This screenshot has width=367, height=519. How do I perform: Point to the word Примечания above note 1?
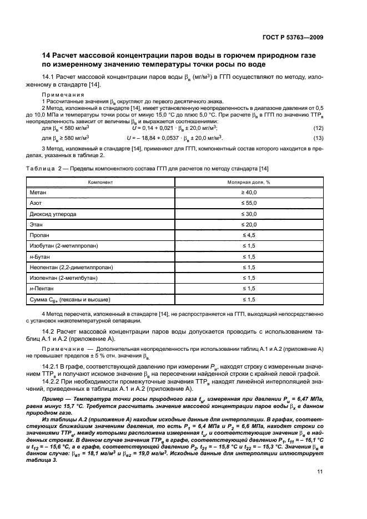click(60, 95)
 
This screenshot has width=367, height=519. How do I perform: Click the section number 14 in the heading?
click(47, 56)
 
